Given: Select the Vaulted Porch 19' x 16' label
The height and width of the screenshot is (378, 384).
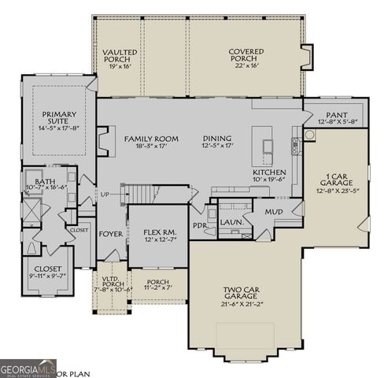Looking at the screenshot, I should tap(120, 59).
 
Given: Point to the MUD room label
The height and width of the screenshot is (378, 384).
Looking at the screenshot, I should tap(273, 212).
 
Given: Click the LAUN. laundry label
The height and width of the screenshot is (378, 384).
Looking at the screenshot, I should tap(230, 223).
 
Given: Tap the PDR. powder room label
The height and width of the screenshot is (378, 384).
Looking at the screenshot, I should tap(200, 224).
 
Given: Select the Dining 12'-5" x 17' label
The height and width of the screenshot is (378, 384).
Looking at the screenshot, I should tap(216, 143).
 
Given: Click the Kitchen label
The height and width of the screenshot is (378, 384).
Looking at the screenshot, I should tap(268, 176).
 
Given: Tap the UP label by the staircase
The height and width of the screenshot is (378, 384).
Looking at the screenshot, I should tap(105, 194).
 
